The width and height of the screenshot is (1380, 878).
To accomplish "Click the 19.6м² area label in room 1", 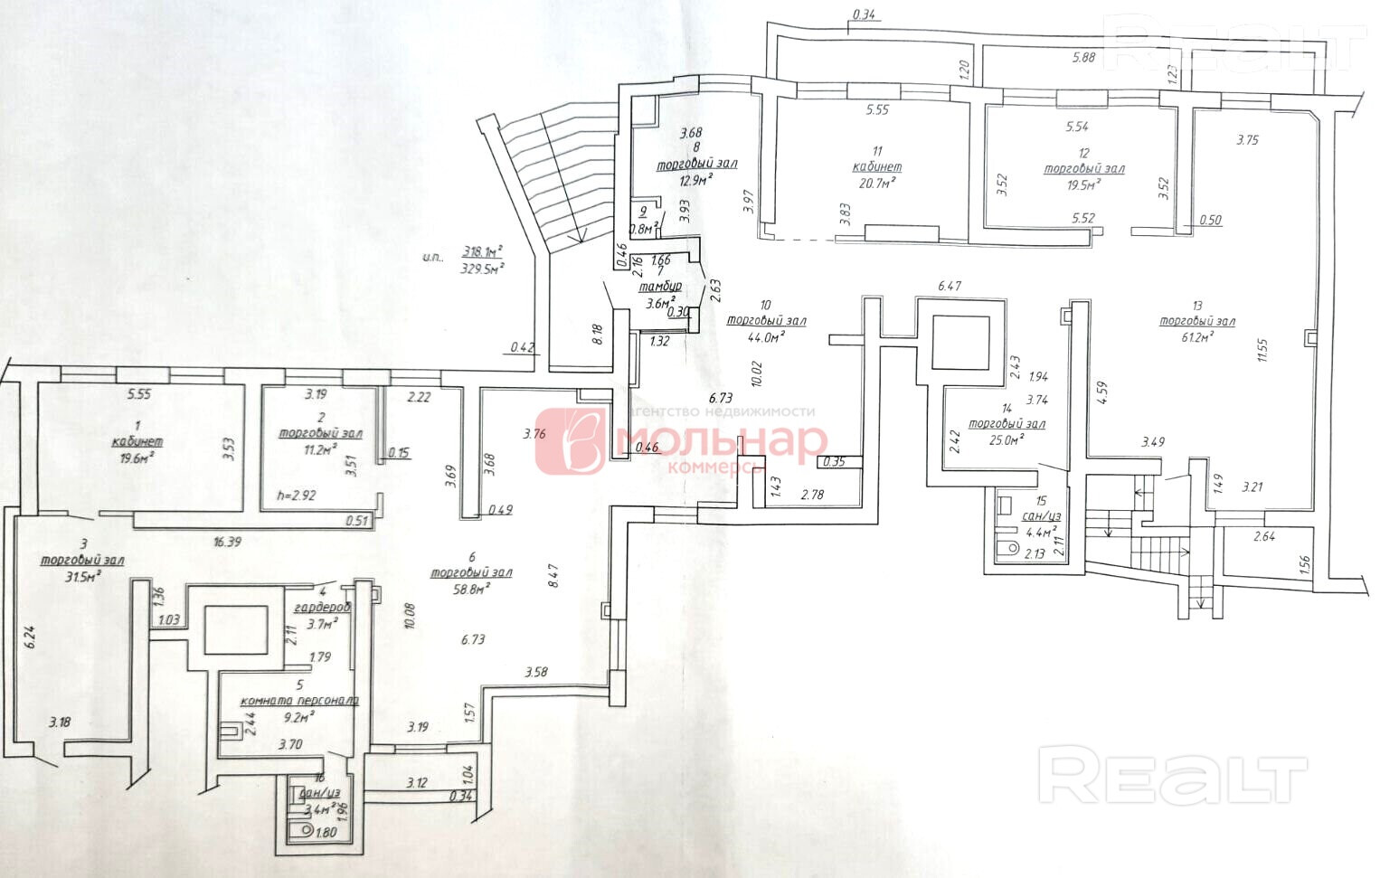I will [x=137, y=458].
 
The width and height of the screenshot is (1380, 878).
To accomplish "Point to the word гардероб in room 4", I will [x=322, y=608].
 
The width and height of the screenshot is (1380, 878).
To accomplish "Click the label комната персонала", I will [x=299, y=700].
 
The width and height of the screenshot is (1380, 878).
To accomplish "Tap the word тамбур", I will [x=660, y=287].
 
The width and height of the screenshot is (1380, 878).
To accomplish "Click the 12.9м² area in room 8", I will [x=696, y=179].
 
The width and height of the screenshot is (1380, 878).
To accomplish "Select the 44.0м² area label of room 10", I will [x=766, y=336].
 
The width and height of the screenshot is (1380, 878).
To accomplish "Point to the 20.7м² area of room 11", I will [x=877, y=183].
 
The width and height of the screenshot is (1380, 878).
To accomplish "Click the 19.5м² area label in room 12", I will [x=1083, y=184].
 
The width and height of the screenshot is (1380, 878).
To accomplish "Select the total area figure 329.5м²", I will [x=482, y=268].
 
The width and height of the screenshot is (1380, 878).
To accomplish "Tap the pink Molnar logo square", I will [x=570, y=441].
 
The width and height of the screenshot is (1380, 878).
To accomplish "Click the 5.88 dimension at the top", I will [x=1083, y=58].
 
